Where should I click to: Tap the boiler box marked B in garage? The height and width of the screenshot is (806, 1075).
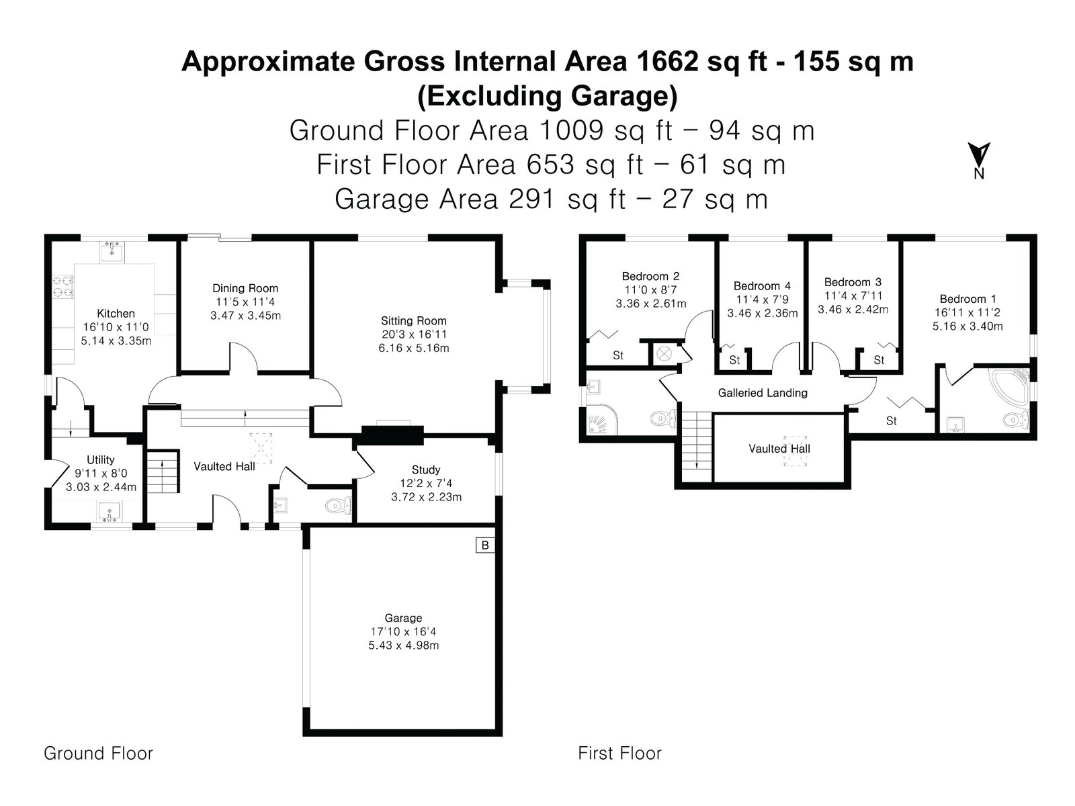pyautogui.click(x=485, y=545)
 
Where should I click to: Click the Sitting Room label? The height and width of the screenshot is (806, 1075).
pyautogui.click(x=413, y=321)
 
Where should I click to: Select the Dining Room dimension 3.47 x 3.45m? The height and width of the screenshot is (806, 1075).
pyautogui.click(x=245, y=316)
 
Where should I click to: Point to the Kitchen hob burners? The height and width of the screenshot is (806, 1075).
pyautogui.click(x=63, y=287)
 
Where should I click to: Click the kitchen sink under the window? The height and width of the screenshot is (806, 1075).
pyautogui.click(x=112, y=251)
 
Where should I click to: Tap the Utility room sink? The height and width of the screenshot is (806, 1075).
pyautogui.click(x=110, y=512)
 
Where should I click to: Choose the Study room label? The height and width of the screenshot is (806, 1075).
pyautogui.click(x=425, y=469)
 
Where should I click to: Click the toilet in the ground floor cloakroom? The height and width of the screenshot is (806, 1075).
pyautogui.click(x=339, y=506)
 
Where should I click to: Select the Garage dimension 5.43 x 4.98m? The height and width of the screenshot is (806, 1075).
pyautogui.click(x=404, y=645)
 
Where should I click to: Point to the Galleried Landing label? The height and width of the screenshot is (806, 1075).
pyautogui.click(x=763, y=392)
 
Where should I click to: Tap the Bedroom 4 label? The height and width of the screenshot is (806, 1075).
pyautogui.click(x=762, y=286)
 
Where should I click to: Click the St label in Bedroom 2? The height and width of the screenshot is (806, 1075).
pyautogui.click(x=618, y=355)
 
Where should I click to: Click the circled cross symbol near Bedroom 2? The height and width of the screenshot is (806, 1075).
pyautogui.click(x=664, y=354)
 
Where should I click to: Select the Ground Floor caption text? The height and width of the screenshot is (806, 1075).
pyautogui.click(x=99, y=753)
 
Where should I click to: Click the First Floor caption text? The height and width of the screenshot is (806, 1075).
pyautogui.click(x=619, y=753)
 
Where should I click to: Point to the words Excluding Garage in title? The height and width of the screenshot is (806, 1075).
pyautogui.click(x=547, y=96)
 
